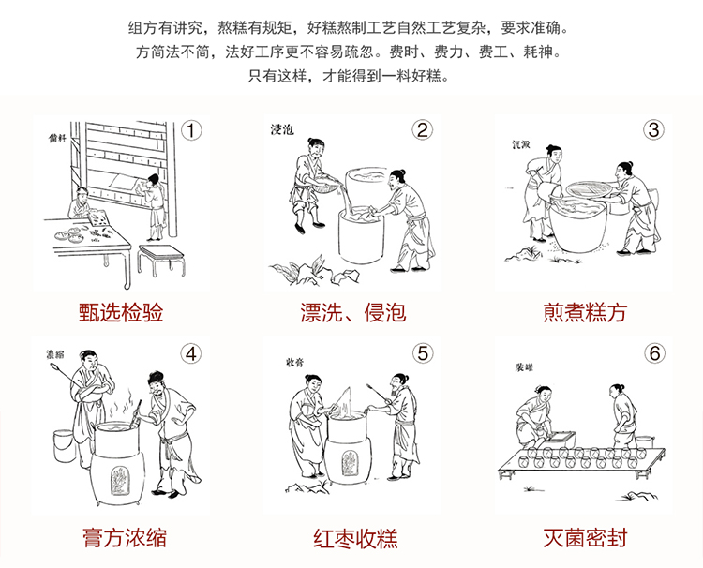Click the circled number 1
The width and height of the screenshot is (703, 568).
tap(191, 131)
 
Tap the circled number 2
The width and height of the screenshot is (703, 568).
tap(423, 130)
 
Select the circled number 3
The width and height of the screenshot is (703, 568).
tap(653, 130)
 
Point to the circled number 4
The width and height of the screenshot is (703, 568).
tap(191, 354)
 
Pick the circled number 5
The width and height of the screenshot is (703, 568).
tap(423, 353)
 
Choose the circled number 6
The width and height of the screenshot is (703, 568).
tap(654, 353)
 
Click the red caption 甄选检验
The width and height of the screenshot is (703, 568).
tap(121, 312)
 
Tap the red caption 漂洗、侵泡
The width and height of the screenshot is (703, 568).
tap(353, 312)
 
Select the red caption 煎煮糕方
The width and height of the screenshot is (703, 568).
tap(585, 312)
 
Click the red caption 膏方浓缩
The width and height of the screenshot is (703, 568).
tap(125, 537)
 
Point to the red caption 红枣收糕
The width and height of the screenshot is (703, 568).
tap(355, 538)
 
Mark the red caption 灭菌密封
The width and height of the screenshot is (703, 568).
tap(585, 537)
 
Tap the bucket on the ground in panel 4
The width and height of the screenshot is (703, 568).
tap(63, 446)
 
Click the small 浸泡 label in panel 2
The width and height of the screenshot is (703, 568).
tap(282, 130)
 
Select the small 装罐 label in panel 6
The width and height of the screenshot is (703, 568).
tap(524, 367)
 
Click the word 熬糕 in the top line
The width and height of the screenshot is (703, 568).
tap(232, 28)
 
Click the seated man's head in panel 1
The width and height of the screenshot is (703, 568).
tap(82, 193)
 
